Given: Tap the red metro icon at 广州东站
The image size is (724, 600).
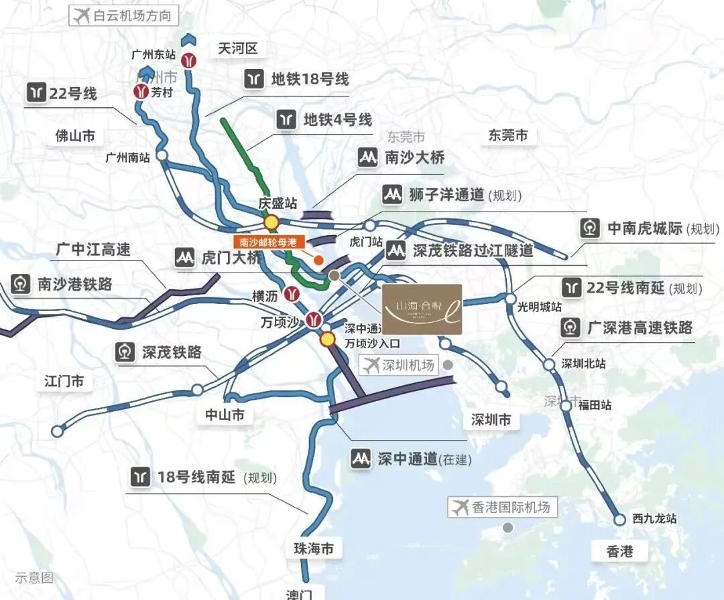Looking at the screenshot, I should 191,60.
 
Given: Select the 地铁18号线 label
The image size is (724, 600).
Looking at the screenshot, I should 298,79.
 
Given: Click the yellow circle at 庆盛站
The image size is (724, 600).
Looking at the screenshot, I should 271,222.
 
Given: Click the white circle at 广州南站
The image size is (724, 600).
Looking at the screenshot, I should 163,156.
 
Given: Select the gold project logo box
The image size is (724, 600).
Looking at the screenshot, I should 421,309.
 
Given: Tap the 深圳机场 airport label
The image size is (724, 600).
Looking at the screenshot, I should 399,366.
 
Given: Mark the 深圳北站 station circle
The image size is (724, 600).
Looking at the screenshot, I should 549,364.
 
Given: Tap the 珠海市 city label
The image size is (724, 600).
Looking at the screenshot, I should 313,549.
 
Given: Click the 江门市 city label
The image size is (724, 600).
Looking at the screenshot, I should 64,382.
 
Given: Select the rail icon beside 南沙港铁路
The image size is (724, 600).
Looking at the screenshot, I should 20,285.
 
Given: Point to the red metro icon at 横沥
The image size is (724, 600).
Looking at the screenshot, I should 291,293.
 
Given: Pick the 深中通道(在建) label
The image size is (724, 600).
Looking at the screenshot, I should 412,459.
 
